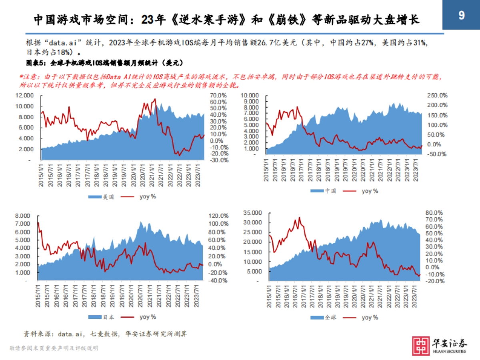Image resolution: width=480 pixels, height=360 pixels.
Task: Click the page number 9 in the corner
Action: click(x=461, y=16)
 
